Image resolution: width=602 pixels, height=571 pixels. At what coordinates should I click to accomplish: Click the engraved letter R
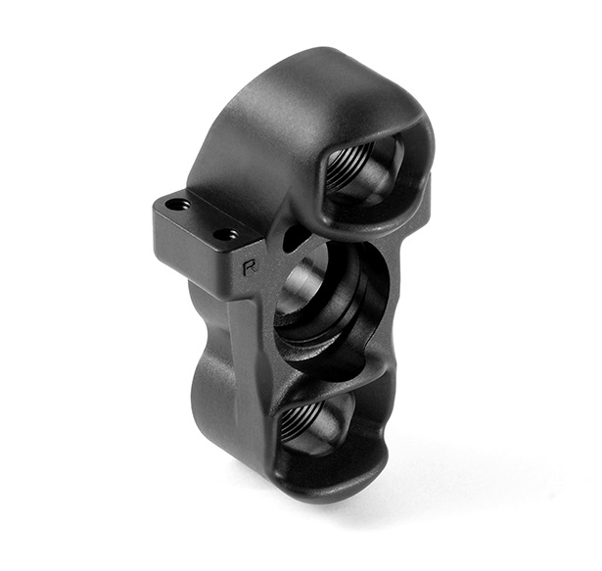click(250, 267)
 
